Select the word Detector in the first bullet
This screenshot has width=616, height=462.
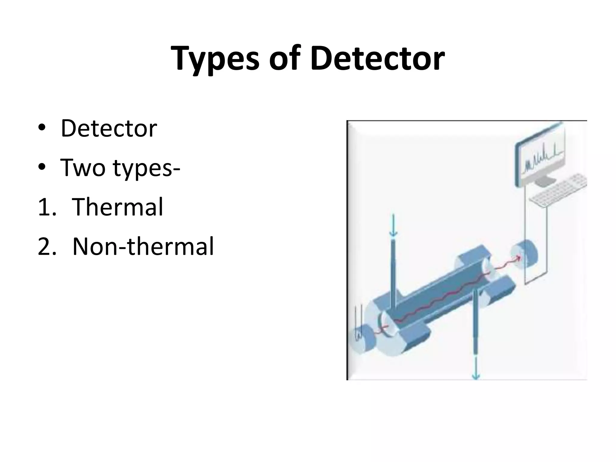pyautogui.click(x=109, y=129)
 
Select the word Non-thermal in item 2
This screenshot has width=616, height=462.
pyautogui.click(x=143, y=246)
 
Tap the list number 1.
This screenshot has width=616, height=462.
pyautogui.click(x=46, y=208)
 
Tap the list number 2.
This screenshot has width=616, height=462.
pyautogui.click(x=47, y=247)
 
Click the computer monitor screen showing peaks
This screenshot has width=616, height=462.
pyautogui.click(x=540, y=161)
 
